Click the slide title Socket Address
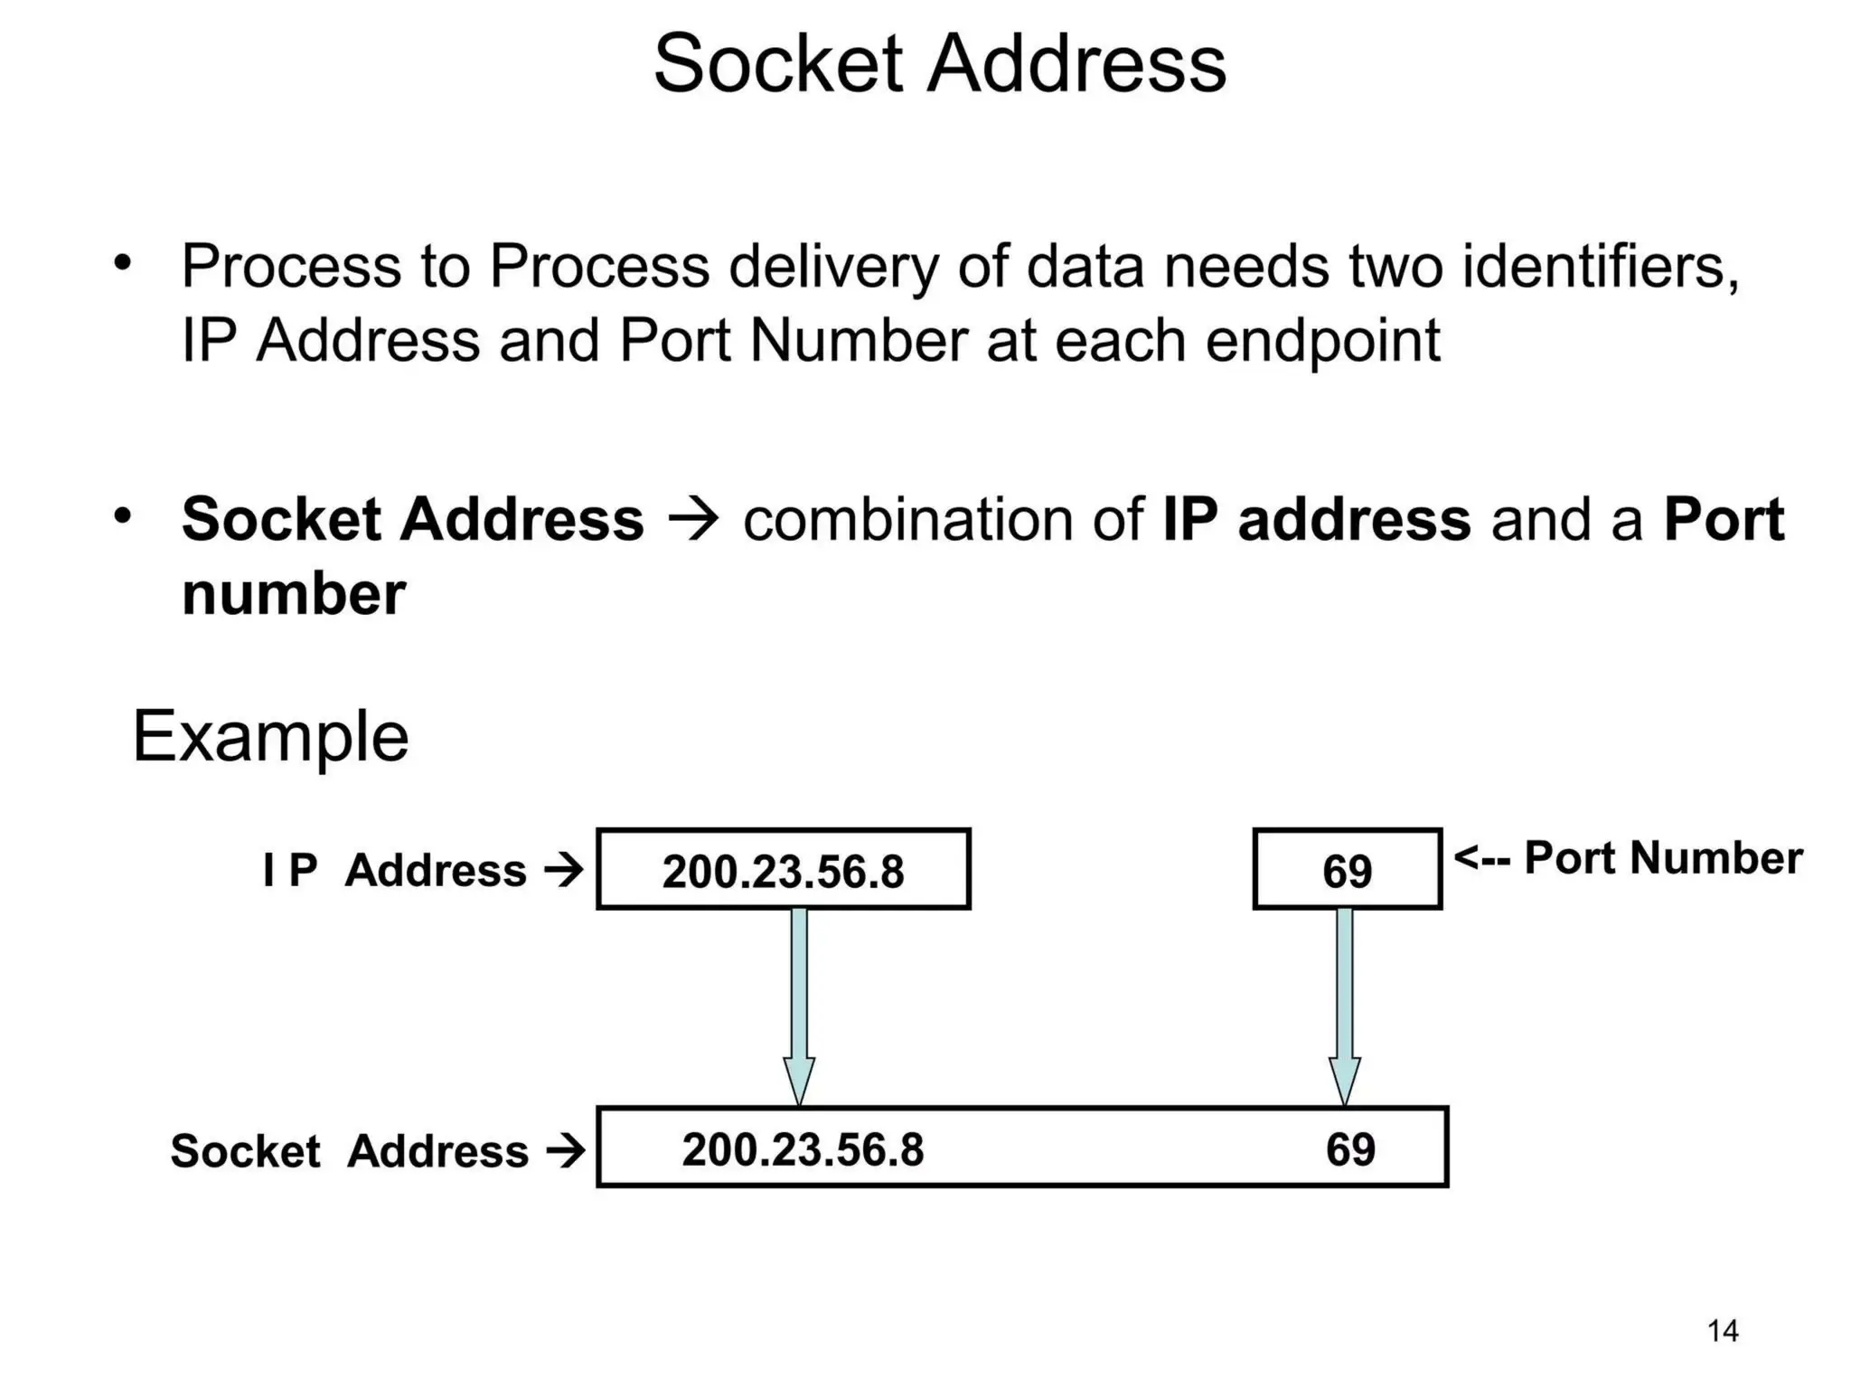pos(939,64)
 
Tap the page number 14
pos(1722,1331)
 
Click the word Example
pos(270,737)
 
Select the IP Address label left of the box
pos(395,871)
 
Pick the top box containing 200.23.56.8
pos(783,870)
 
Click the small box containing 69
pos(1347,870)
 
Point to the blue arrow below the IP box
pos(799,1004)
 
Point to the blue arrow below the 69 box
pos(1345,1004)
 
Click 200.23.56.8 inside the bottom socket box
pos(803,1150)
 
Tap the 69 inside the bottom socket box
pos(1350,1150)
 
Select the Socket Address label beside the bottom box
pos(350,1152)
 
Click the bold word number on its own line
pos(293,595)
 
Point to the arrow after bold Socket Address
pos(692,521)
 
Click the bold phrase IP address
pos(1316,520)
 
